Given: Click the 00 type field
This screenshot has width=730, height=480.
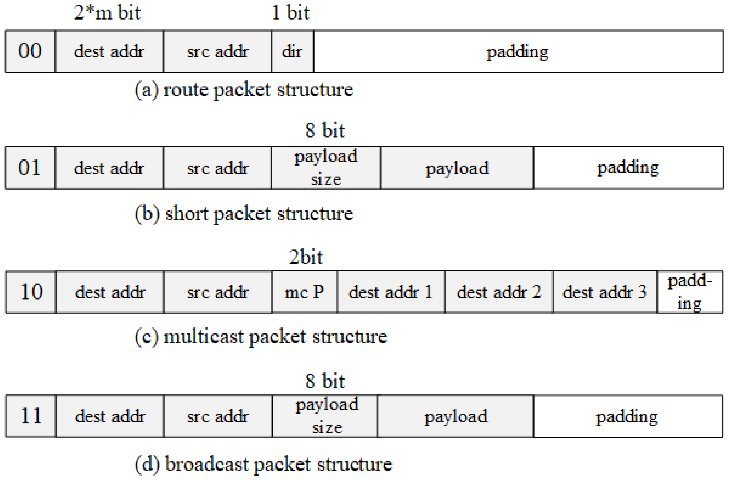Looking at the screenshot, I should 30,51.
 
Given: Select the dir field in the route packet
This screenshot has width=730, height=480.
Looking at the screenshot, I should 292,51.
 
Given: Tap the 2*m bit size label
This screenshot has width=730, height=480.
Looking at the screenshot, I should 107,13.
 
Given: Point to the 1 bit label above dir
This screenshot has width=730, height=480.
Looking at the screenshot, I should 290,13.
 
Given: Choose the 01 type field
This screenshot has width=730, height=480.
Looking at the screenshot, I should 30,168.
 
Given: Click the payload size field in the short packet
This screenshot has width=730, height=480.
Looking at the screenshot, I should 326,168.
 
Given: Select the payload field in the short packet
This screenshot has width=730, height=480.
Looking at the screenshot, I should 457,168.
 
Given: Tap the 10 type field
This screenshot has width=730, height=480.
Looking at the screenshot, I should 31,292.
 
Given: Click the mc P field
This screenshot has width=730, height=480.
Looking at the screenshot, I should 304,292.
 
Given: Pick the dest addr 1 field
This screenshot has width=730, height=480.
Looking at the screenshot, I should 391,292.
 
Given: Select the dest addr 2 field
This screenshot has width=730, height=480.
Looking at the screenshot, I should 499,292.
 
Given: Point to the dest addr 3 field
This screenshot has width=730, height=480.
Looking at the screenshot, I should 605,292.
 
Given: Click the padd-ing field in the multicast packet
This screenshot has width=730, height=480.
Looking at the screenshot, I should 690,292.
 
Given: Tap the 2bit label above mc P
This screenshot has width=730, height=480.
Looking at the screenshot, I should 306,257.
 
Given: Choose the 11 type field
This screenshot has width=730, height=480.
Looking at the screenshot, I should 31,416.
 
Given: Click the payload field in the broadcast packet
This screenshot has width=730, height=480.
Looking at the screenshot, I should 455,416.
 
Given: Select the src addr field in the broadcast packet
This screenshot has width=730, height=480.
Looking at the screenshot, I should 218,416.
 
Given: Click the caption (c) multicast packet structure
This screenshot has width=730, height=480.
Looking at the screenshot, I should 261,337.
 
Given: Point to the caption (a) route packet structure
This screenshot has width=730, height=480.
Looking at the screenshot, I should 244,90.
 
